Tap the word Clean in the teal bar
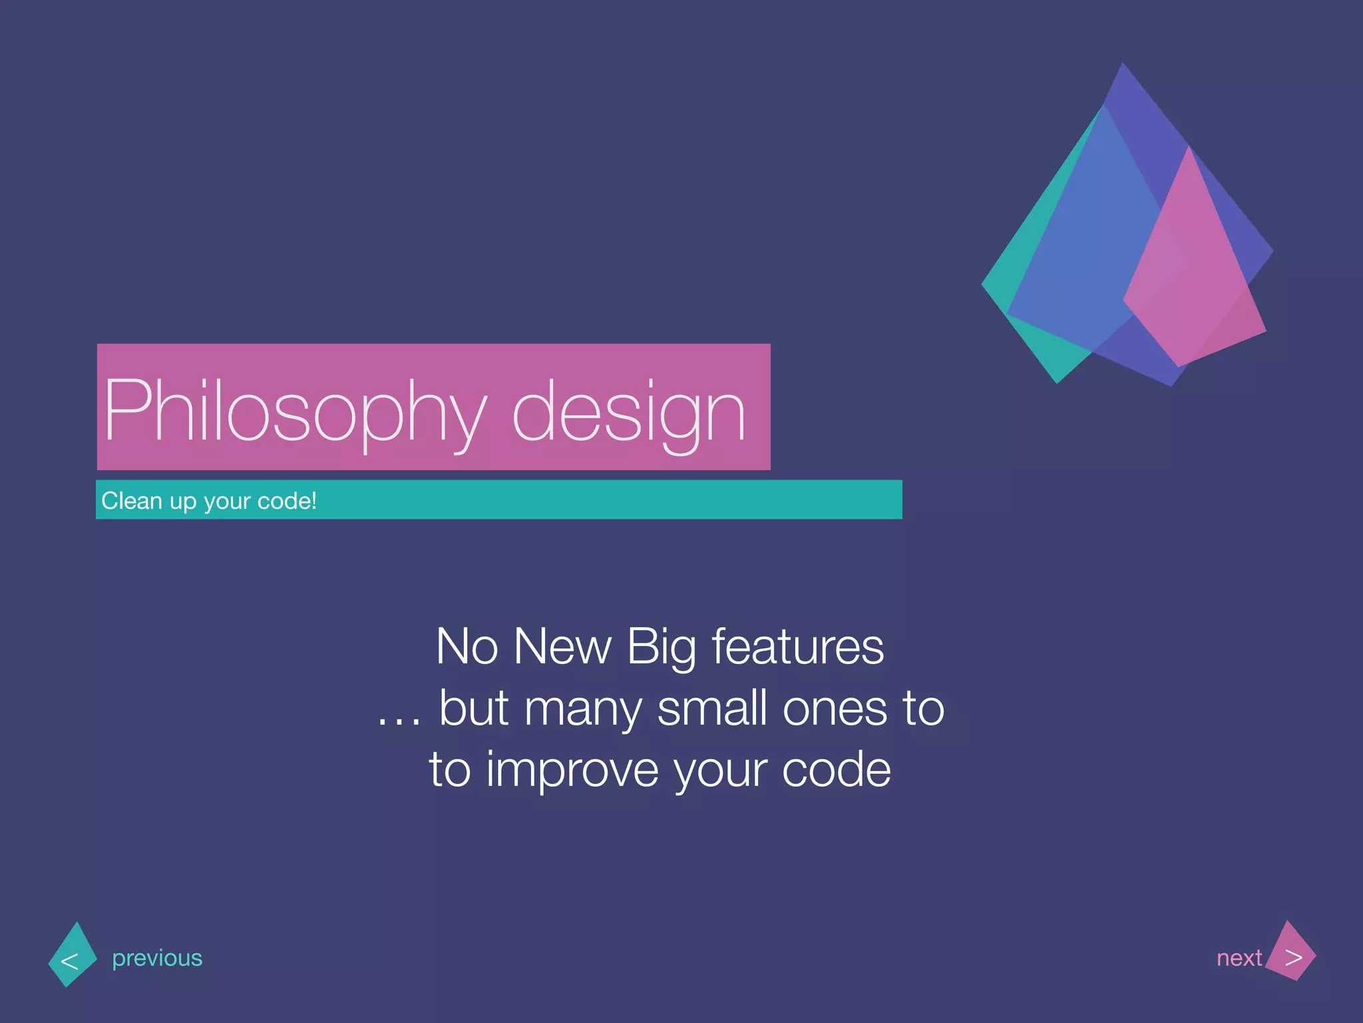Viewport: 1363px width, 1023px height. [131, 500]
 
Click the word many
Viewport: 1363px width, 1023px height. [582, 709]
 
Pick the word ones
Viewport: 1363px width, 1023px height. [835, 709]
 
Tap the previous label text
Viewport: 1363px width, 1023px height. [157, 958]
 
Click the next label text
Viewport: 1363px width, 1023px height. [1239, 958]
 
